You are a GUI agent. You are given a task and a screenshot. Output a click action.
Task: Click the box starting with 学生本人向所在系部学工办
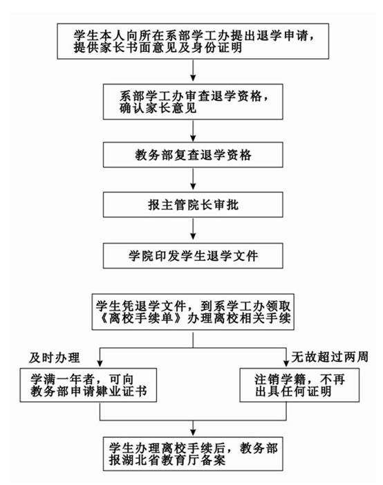point(193,41)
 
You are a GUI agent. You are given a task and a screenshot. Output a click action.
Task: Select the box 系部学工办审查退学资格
point(193,102)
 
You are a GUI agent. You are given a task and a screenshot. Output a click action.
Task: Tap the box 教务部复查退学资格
point(193,155)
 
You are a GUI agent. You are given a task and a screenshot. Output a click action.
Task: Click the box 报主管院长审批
point(193,205)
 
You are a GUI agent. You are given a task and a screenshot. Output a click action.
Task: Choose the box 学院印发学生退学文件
point(193,255)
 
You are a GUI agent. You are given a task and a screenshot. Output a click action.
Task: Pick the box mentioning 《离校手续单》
point(193,312)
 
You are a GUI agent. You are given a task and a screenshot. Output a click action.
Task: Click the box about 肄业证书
point(88,385)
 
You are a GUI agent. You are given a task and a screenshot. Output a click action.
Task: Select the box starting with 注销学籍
point(299,385)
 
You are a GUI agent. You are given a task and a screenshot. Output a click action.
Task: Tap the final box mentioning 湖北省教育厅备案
point(193,453)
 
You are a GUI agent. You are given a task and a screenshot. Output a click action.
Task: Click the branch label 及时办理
point(55,358)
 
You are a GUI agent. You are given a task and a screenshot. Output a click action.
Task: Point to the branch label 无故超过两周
point(330,356)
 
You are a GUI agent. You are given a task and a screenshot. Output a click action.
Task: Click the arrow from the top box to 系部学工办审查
point(193,71)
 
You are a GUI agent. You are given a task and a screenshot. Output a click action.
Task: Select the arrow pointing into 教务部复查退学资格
point(193,130)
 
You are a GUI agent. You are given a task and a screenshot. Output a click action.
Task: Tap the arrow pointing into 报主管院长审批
point(193,179)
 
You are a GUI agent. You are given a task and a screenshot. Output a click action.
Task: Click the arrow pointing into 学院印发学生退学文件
point(193,229)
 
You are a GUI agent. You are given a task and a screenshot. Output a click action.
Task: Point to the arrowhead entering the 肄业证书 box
point(100,363)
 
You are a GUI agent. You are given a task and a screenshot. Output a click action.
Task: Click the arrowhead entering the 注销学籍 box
point(286,363)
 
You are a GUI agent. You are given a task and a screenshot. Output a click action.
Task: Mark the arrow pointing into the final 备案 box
point(193,428)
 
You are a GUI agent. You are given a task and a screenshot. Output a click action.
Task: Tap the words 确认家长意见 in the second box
point(158,108)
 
